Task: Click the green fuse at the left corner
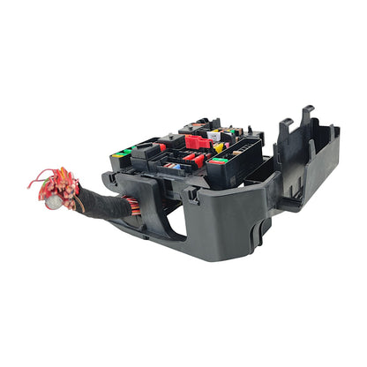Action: click(x=121, y=154)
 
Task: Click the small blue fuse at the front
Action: click(x=178, y=166)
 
